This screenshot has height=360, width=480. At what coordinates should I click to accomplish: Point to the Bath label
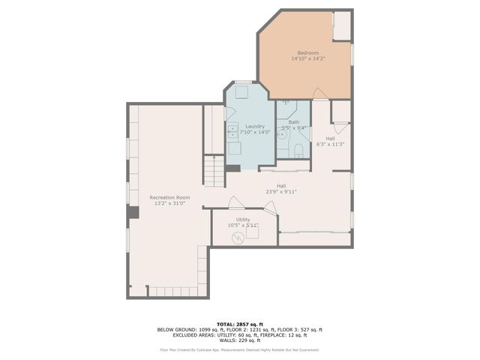pyautogui.click(x=293, y=122)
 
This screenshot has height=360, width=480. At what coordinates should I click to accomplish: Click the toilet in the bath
pyautogui.click(x=298, y=152)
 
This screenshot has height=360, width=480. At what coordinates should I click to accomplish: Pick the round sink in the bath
pyautogui.click(x=281, y=137)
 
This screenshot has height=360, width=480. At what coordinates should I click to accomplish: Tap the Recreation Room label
pyautogui.click(x=164, y=196)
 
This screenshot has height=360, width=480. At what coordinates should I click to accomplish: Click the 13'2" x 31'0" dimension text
pyautogui.click(x=164, y=202)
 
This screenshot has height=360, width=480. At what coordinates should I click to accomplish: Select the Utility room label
pyautogui.click(x=243, y=219)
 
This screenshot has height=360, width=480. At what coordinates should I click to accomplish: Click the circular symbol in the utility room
pyautogui.click(x=238, y=238)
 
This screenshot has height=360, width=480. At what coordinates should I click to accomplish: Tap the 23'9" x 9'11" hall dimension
pyautogui.click(x=281, y=191)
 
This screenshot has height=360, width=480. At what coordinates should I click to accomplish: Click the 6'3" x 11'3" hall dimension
pyautogui.click(x=330, y=143)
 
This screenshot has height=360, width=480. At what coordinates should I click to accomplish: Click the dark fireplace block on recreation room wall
pyautogui.click(x=133, y=213)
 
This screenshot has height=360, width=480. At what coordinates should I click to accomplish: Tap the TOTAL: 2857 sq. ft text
pyautogui.click(x=239, y=324)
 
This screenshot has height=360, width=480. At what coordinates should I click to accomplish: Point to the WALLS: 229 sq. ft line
pyautogui.click(x=239, y=340)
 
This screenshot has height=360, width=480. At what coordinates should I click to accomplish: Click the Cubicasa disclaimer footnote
pyautogui.click(x=239, y=349)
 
